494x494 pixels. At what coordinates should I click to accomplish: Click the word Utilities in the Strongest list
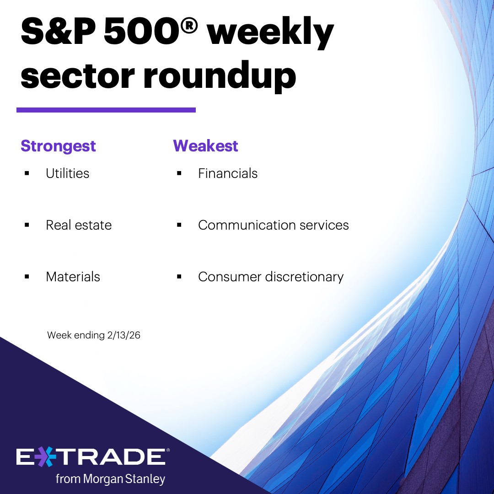point(67,173)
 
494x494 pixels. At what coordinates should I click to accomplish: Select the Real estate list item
point(79,225)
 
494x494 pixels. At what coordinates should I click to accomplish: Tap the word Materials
point(73,277)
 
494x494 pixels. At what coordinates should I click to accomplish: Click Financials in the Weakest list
point(227,173)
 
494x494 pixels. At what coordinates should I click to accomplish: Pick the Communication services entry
point(273,225)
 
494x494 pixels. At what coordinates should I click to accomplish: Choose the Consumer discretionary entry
point(270,277)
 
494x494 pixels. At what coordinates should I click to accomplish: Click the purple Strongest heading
point(58,146)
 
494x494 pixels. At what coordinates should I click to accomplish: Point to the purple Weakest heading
point(205,146)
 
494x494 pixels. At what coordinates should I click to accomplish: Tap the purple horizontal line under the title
point(106,110)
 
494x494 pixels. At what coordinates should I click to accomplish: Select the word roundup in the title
point(220,75)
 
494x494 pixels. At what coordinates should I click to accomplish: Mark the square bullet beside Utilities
point(27,174)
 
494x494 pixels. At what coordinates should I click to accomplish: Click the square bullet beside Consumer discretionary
point(179,277)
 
